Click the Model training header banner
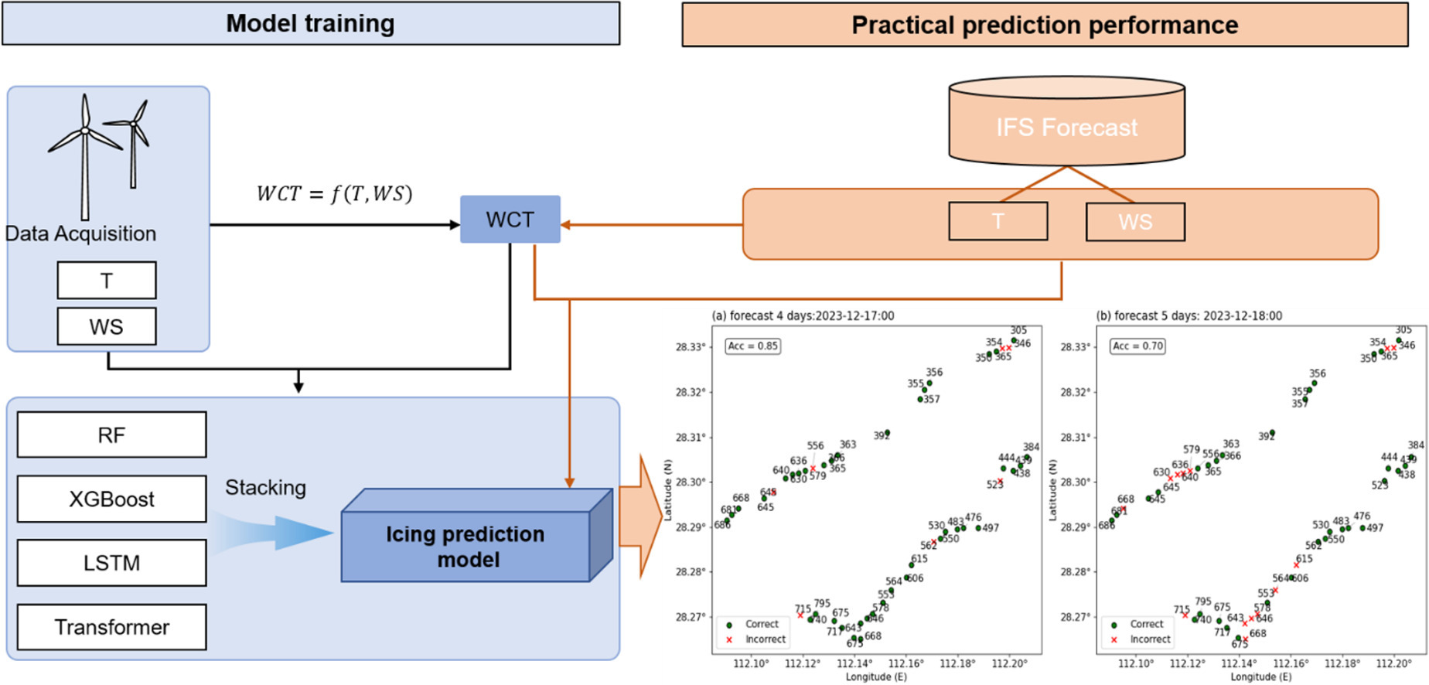(x=310, y=23)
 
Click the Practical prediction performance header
(x=1044, y=26)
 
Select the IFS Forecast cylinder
(x=1066, y=124)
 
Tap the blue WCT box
(x=510, y=220)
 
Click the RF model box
(x=111, y=435)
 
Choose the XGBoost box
(x=111, y=499)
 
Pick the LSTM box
(x=111, y=562)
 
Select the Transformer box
(x=111, y=626)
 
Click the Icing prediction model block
(x=466, y=546)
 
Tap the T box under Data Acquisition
(x=107, y=280)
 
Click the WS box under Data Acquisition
(x=107, y=326)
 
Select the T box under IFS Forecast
(x=998, y=222)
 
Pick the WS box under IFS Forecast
(x=1134, y=222)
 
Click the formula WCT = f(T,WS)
(x=334, y=193)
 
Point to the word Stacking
(x=265, y=487)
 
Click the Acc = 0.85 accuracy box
(x=752, y=346)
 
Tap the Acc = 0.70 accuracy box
(x=1137, y=346)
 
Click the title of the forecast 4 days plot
(x=803, y=315)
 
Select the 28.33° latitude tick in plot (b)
(x=1075, y=347)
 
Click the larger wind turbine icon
(x=84, y=155)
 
